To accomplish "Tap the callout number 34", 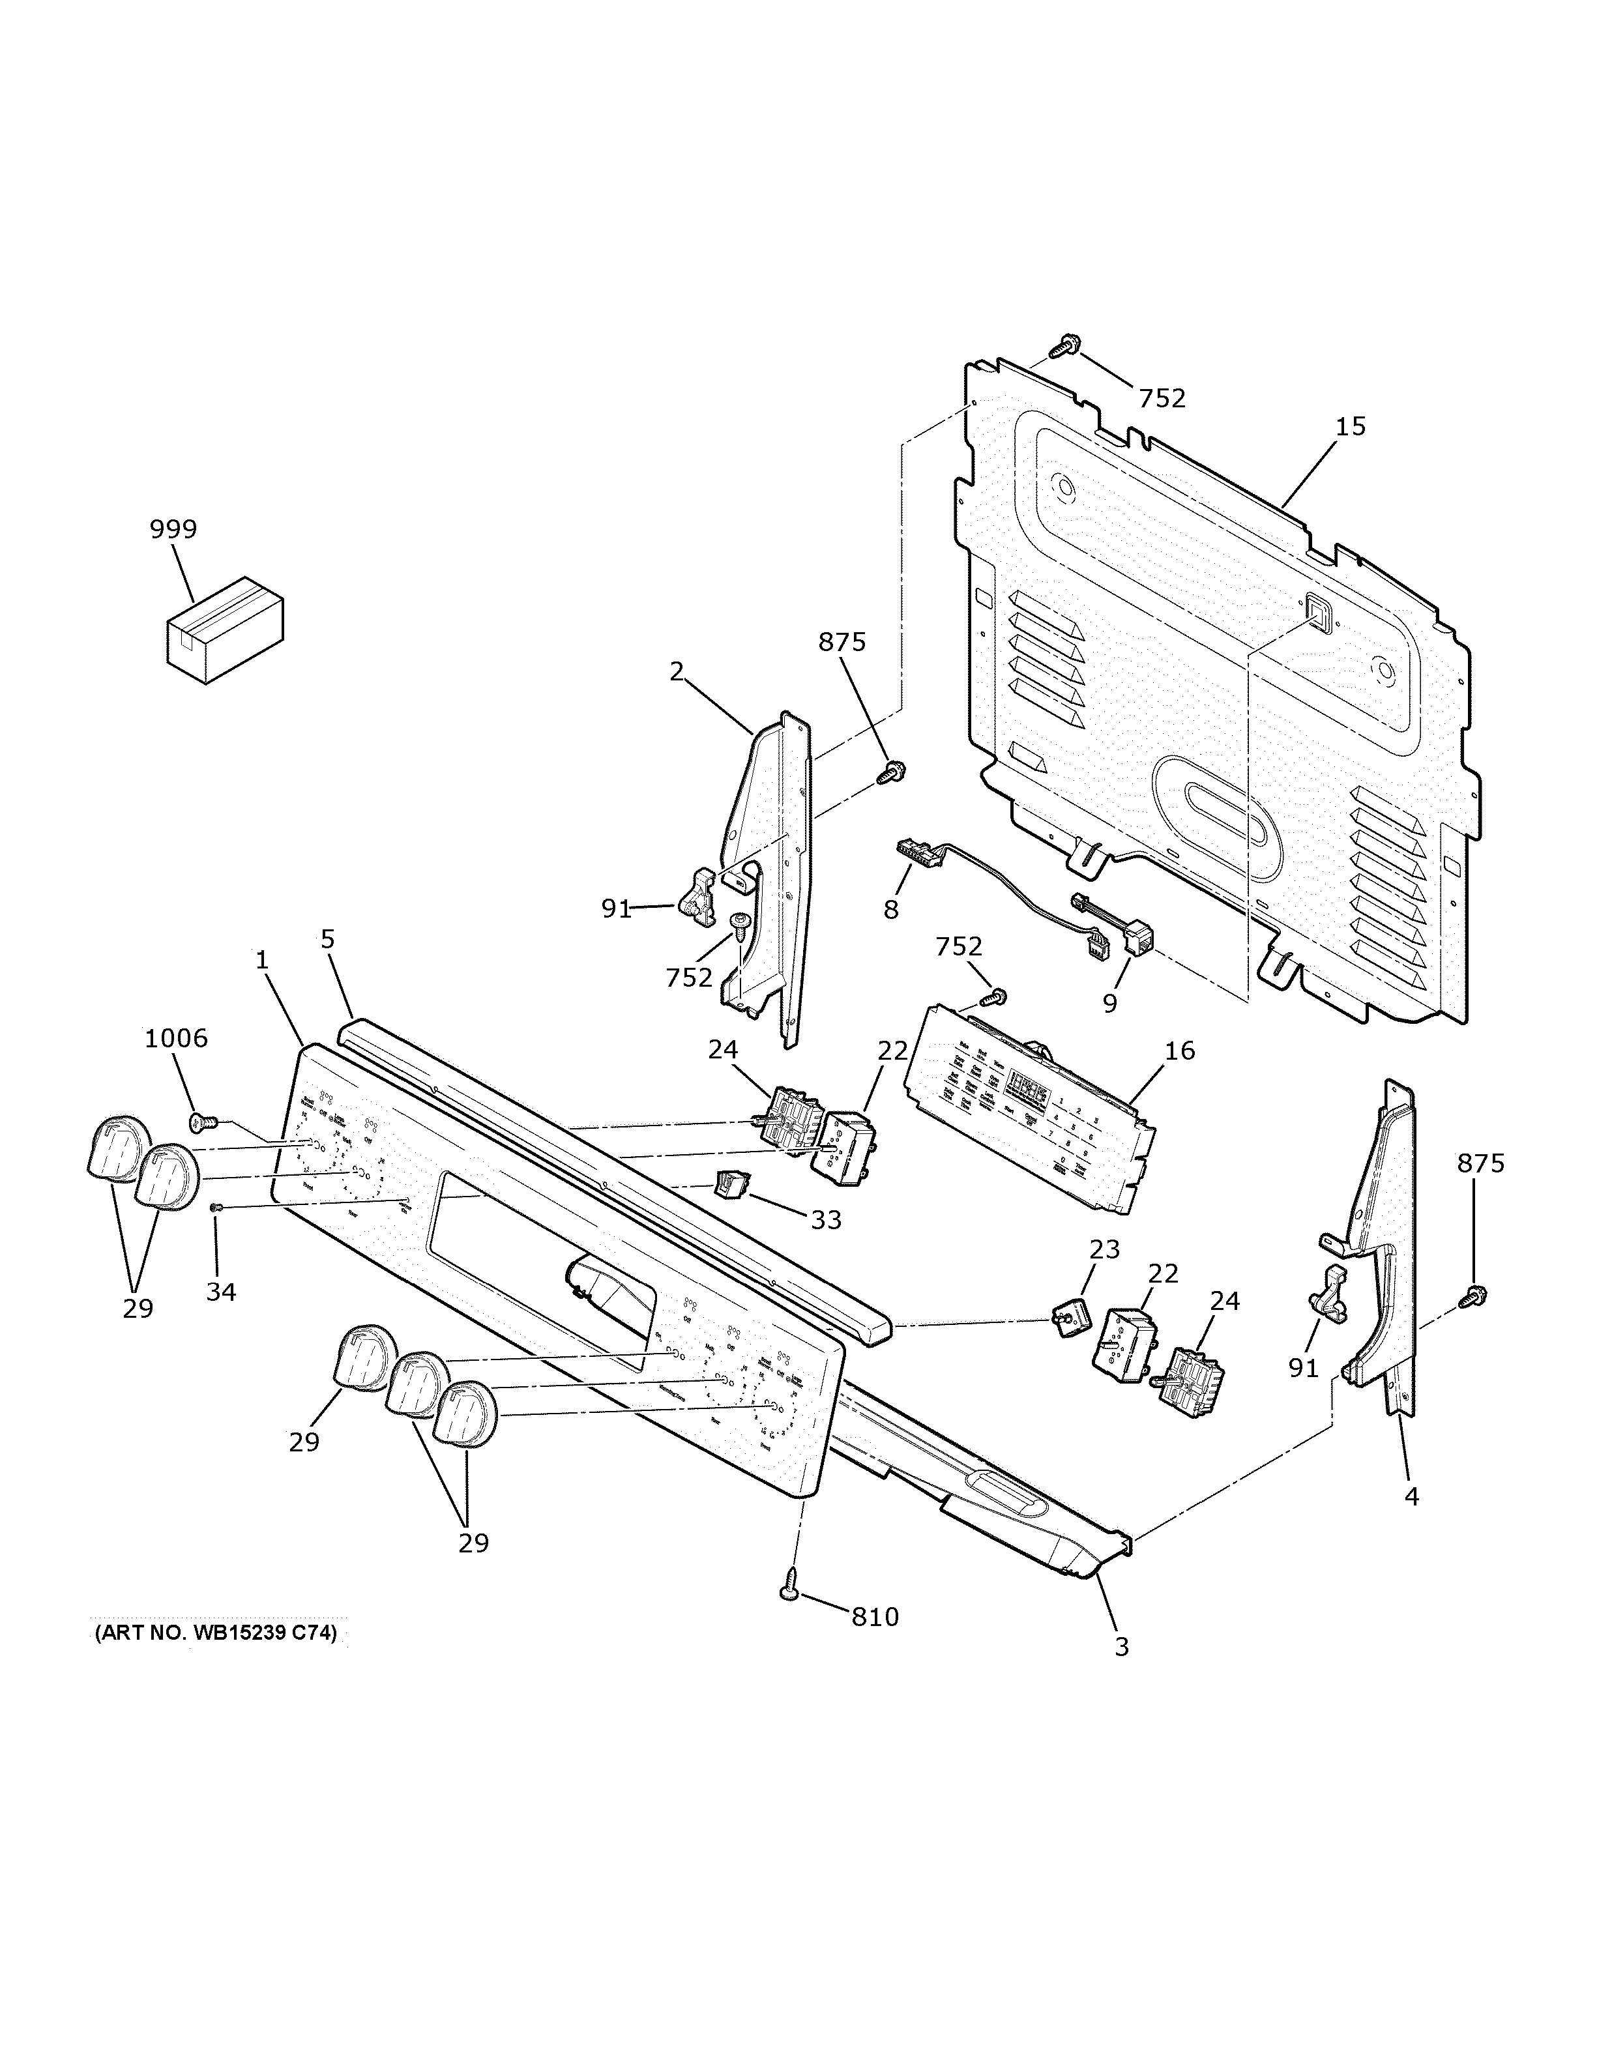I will coord(220,1291).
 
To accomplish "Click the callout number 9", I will coord(1109,1003).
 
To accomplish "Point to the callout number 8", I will coord(890,909).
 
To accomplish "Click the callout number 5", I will coord(327,938).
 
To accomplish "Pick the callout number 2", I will coord(676,671).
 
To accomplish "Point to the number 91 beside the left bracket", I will coord(616,908).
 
